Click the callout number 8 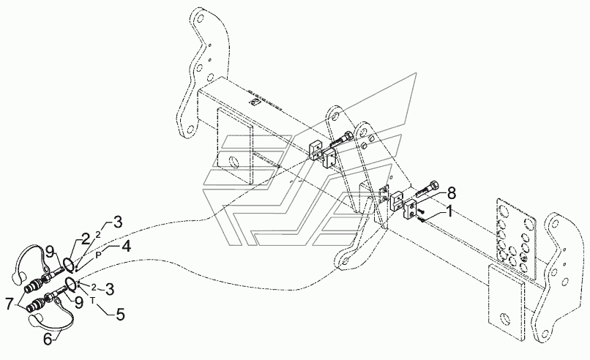pyautogui.click(x=452, y=193)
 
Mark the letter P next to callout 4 pyautogui.click(x=98, y=254)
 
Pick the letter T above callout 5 pyautogui.click(x=93, y=299)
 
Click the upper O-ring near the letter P pyautogui.click(x=67, y=262)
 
